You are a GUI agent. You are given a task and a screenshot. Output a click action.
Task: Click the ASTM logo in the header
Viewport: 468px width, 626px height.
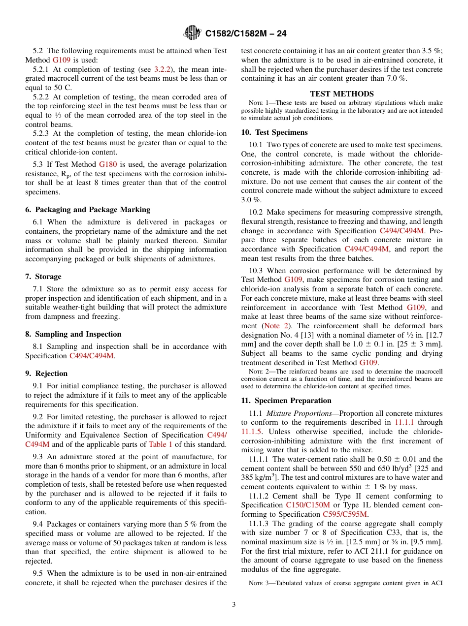(x=192, y=33)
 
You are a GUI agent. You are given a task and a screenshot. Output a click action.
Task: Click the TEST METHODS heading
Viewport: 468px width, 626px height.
(x=341, y=94)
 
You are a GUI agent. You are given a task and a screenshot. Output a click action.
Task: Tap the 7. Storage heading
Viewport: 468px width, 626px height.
(x=43, y=277)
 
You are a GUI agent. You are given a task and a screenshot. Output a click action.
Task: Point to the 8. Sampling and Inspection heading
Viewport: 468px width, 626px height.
(x=73, y=334)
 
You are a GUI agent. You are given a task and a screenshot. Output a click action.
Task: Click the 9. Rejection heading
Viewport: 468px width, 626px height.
(x=46, y=374)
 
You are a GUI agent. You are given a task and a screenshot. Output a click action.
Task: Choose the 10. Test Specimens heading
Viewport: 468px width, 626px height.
(x=274, y=132)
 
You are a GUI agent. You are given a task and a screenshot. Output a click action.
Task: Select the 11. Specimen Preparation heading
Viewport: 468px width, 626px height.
(x=286, y=401)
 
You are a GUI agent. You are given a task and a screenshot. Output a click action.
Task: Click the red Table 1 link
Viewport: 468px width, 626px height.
(x=160, y=444)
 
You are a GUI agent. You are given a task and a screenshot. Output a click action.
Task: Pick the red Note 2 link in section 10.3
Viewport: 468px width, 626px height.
(x=271, y=326)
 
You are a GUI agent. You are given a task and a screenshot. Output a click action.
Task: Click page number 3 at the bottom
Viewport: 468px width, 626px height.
(x=234, y=604)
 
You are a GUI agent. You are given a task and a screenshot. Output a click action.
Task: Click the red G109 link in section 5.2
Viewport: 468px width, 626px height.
(x=61, y=60)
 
